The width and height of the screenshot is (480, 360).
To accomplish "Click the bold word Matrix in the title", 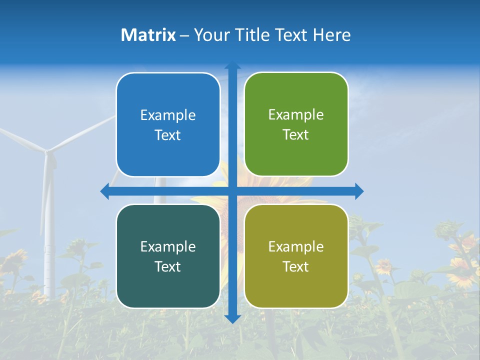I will pyautogui.click(x=148, y=35).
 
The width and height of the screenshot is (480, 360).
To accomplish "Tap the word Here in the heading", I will pyautogui.click(x=332, y=35).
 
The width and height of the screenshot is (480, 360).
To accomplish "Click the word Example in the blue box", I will pyautogui.click(x=168, y=115).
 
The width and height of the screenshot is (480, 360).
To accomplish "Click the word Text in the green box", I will pyautogui.click(x=296, y=135).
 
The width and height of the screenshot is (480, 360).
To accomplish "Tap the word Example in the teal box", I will pyautogui.click(x=168, y=246).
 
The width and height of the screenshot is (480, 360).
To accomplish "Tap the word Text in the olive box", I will pyautogui.click(x=296, y=266).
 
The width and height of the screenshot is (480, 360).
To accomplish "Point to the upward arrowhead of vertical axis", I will pyautogui.click(x=232, y=65).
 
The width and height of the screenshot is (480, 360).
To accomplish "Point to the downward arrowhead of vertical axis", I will pyautogui.click(x=232, y=318).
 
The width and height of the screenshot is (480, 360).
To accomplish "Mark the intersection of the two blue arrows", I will pyautogui.click(x=232, y=191).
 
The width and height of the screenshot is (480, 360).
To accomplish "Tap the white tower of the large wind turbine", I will pyautogui.click(x=48, y=240).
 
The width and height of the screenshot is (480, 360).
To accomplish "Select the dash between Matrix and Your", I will pyautogui.click(x=184, y=35).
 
